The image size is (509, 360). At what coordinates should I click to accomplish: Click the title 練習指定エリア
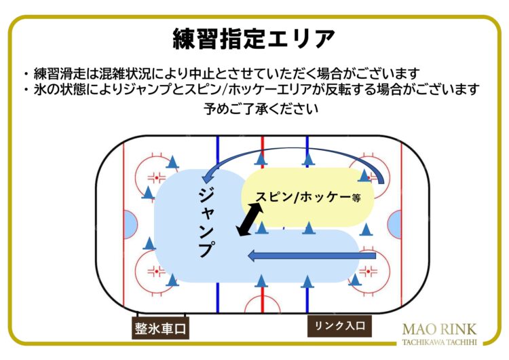point(254,39)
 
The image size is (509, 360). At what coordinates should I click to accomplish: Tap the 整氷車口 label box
point(160,328)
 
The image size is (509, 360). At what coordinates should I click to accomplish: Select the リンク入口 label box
point(339,326)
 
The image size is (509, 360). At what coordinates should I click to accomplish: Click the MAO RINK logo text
point(439,329)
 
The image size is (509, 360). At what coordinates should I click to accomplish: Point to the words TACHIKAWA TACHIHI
point(439,342)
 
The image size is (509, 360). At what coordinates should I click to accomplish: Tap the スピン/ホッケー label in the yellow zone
point(303,197)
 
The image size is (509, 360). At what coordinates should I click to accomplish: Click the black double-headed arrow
point(250,219)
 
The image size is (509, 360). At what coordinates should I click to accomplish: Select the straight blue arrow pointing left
point(312,256)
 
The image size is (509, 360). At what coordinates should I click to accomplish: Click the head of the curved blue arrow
point(206,178)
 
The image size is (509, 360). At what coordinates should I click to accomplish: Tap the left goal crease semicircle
point(130,225)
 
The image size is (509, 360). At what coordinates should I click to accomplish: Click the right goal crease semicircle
point(395,225)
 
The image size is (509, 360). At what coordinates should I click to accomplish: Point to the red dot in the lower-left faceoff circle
point(157,271)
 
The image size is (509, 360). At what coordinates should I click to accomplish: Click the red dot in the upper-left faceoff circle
point(157,178)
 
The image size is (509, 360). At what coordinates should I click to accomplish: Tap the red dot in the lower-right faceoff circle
point(368,271)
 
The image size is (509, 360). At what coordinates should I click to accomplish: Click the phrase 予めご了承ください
point(261,109)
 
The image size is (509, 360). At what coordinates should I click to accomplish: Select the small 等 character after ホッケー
point(356,198)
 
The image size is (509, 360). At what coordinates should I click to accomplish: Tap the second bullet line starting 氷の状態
point(251,89)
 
